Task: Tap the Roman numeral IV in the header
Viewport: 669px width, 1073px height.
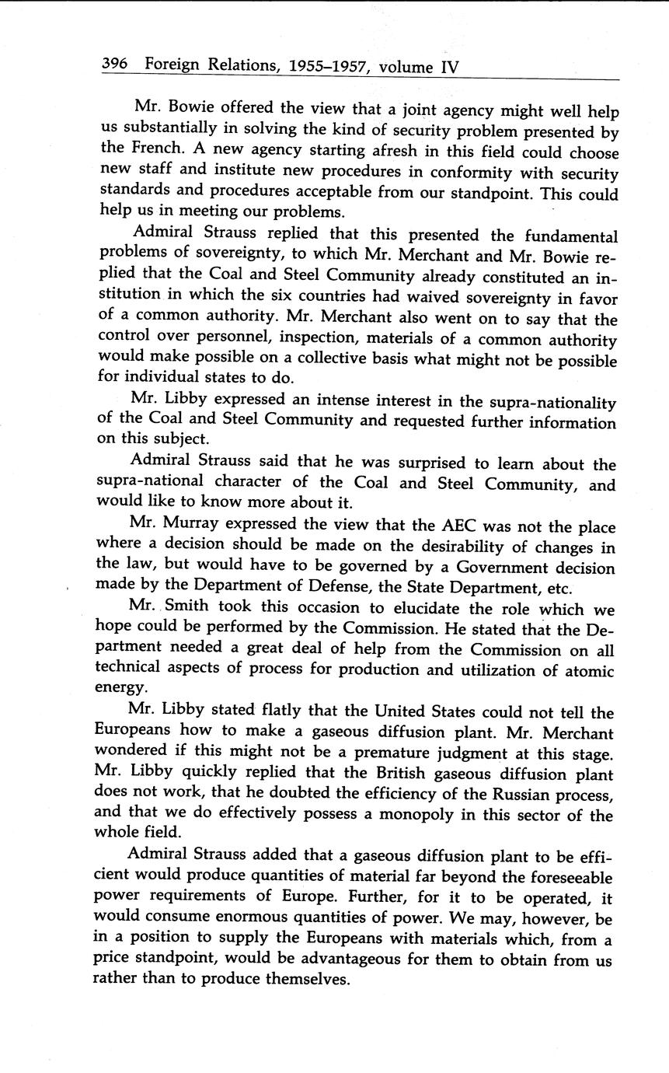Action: coord(450,66)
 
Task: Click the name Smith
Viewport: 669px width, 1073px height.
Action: coord(189,609)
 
